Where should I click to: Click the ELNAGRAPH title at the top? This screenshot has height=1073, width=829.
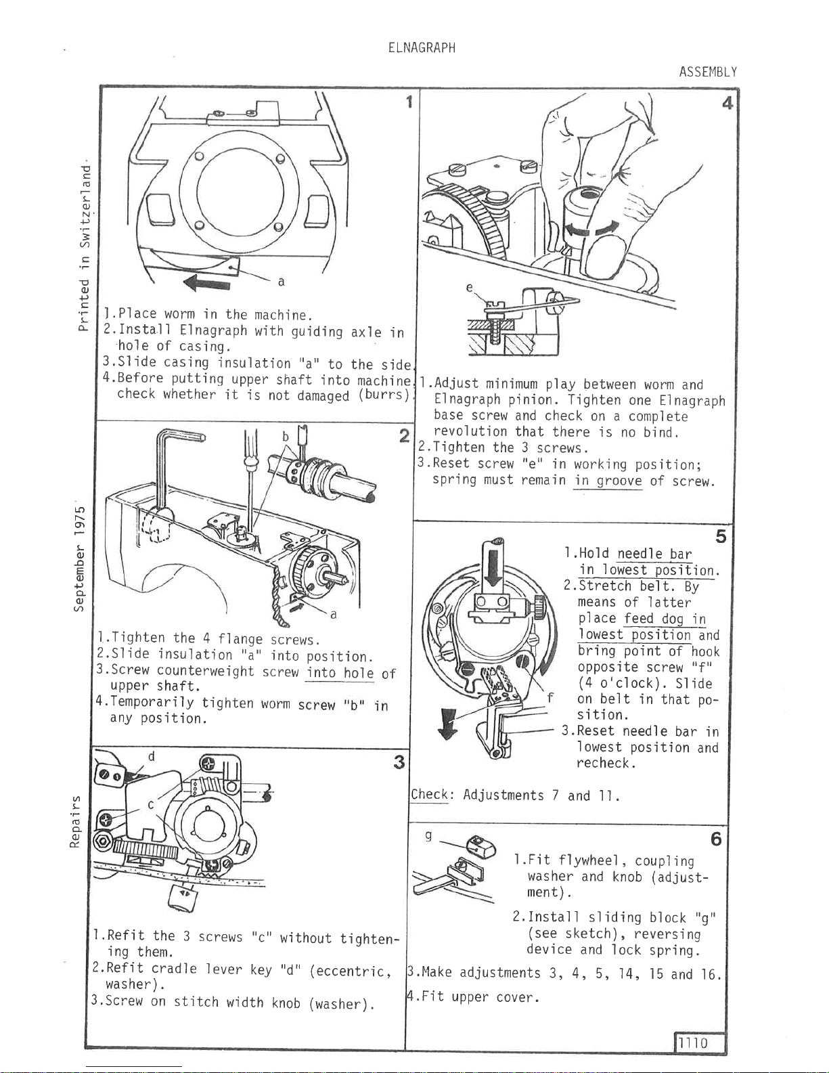coord(422,47)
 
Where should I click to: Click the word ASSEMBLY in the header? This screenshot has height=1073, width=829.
coord(707,72)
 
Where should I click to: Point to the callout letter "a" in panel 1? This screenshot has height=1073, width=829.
coord(280,282)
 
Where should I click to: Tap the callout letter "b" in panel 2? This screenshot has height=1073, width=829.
coord(285,437)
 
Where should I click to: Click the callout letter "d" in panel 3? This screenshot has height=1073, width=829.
coord(152,756)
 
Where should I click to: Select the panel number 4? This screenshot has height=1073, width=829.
coord(727,104)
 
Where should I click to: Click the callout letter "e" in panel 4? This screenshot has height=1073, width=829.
coord(468,288)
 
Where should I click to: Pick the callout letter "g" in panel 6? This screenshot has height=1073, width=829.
coord(428,836)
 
